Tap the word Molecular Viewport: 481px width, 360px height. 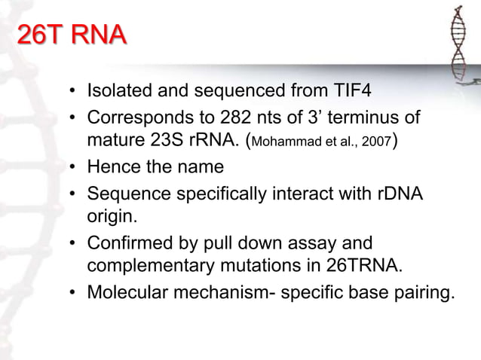tap(127, 290)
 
